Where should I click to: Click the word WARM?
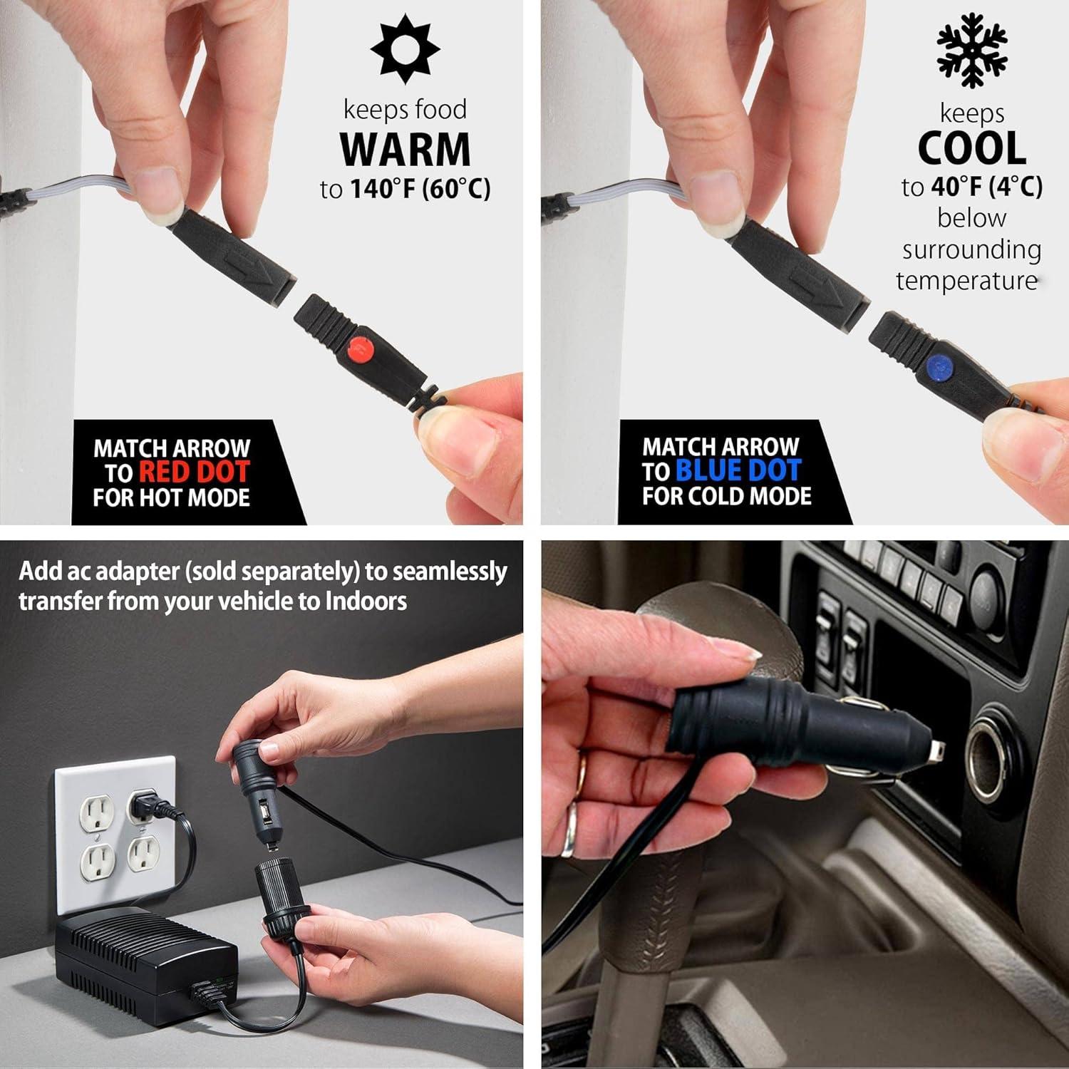click(x=405, y=150)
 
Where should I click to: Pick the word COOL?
click(x=971, y=148)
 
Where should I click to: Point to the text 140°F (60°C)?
click(x=420, y=189)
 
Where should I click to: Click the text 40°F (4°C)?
click(x=986, y=187)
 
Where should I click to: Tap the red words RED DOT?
click(x=194, y=472)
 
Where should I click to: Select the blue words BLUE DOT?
click(x=738, y=470)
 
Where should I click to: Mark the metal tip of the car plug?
click(x=936, y=750)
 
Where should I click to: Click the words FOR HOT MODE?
click(x=171, y=497)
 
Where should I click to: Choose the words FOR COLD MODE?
click(x=726, y=496)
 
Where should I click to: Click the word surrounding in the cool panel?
click(x=971, y=249)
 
